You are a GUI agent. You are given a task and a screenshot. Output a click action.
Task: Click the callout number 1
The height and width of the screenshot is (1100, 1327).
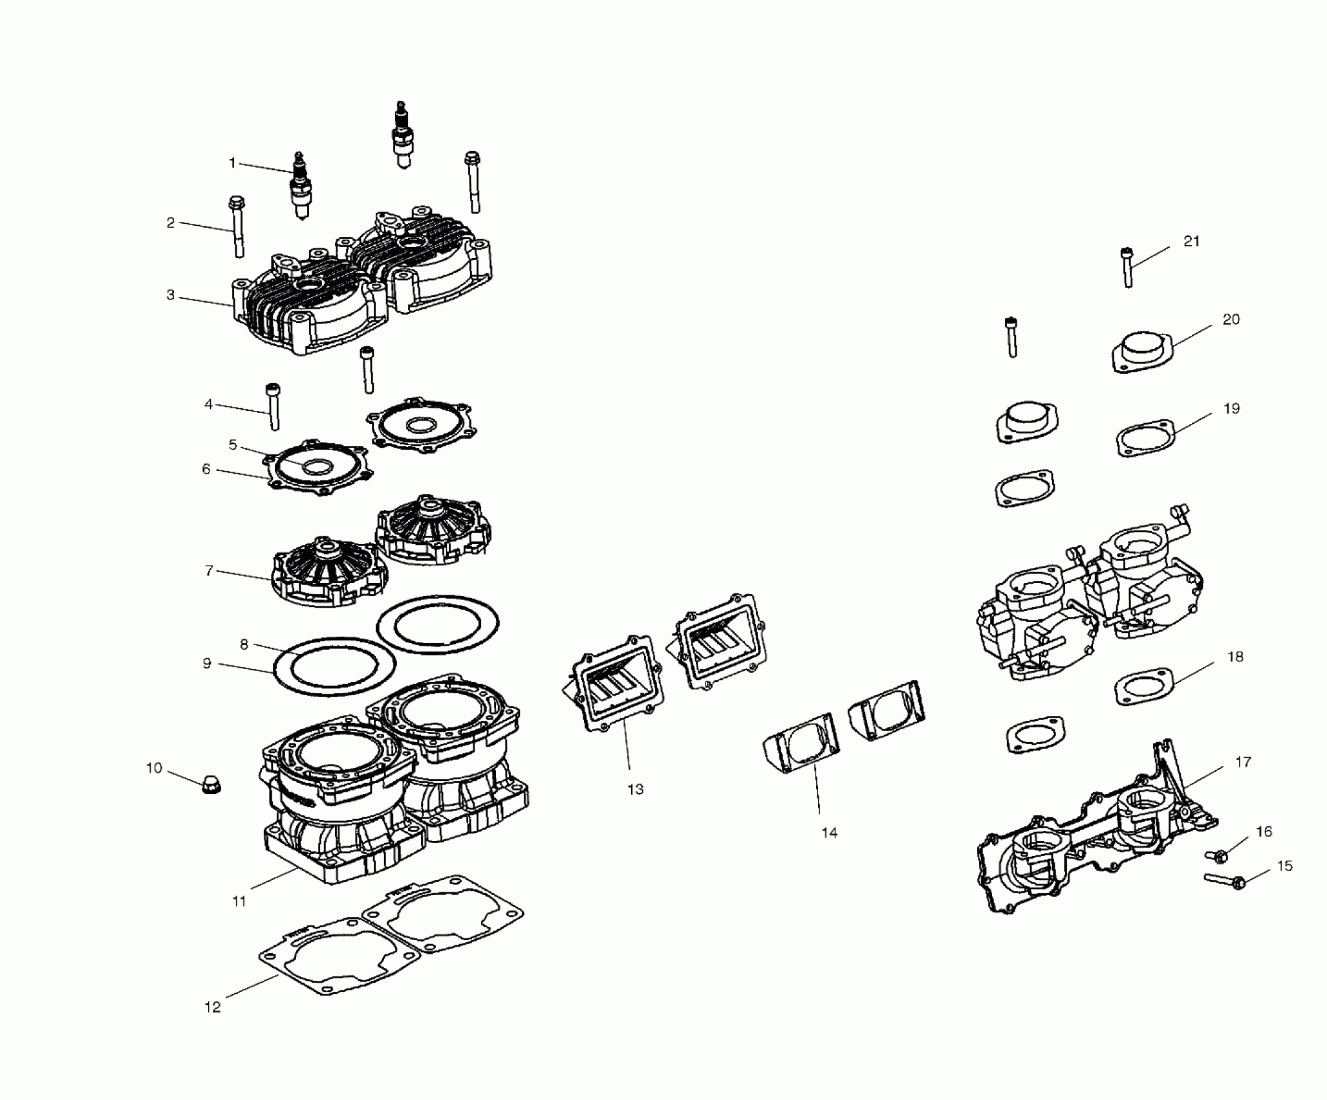pos(232,163)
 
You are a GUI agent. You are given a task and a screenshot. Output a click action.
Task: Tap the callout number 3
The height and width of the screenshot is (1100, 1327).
pos(171,295)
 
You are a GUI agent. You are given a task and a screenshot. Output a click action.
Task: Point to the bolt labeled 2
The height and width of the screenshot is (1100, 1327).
pos(237,226)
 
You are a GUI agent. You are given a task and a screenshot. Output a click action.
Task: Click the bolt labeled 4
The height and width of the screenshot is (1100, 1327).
pos(273,407)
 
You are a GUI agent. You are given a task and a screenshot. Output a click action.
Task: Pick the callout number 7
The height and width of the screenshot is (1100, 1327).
pos(209,571)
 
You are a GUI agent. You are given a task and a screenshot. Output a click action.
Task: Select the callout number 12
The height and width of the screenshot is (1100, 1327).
pos(212,1007)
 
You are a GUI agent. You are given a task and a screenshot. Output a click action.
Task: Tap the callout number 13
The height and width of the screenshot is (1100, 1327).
pos(636,789)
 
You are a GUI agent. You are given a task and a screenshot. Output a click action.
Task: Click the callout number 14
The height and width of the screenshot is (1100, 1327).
pos(829,833)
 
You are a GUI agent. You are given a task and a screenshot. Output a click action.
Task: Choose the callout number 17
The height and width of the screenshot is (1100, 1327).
pos(1243,762)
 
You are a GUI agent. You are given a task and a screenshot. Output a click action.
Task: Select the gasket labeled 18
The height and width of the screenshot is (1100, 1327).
pos(1145,690)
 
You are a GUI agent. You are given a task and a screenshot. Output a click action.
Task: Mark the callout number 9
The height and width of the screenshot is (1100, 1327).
pos(207,663)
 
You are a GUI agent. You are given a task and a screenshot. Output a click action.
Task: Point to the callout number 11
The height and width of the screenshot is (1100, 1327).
pos(239,901)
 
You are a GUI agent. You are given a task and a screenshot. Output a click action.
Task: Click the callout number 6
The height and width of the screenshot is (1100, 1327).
pos(206,468)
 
